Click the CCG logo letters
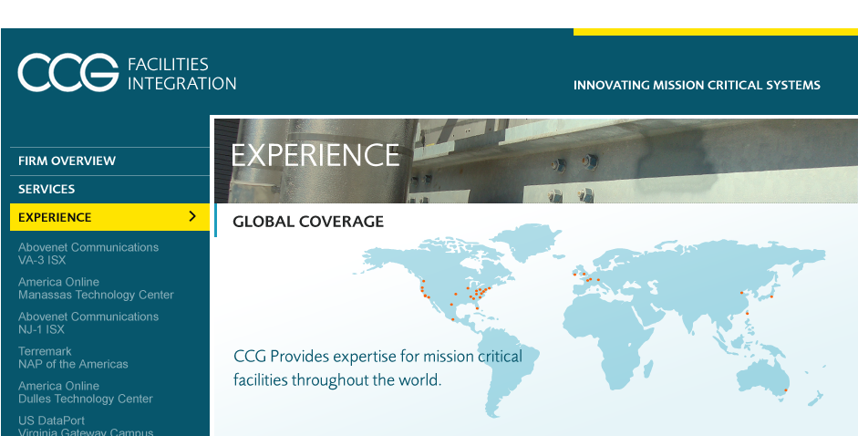tap(67, 72)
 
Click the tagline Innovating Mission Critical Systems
tap(697, 86)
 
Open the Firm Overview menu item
tap(67, 161)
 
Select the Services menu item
tap(47, 190)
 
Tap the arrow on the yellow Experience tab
tap(192, 216)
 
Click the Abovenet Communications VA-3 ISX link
tap(88, 254)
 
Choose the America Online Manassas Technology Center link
tap(96, 288)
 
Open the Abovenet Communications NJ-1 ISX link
tap(88, 323)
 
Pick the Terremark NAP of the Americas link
tap(73, 358)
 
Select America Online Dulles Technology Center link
tap(86, 392)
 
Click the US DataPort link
tap(51, 420)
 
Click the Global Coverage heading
tap(308, 222)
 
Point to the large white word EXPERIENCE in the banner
tap(315, 155)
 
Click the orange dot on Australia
tap(786, 390)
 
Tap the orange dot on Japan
tap(771, 296)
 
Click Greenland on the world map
tap(526, 242)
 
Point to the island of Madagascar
tap(648, 369)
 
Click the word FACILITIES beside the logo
tap(168, 65)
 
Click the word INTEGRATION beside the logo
tap(182, 84)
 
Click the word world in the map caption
tap(425, 379)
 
